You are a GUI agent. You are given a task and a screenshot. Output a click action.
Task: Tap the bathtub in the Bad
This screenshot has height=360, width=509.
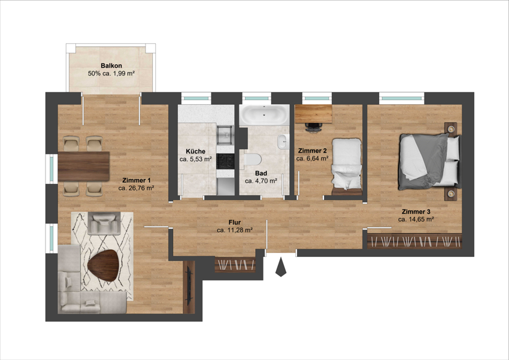click(x=264, y=115)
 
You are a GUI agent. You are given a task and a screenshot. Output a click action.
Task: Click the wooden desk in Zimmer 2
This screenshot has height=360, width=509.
click(x=313, y=113)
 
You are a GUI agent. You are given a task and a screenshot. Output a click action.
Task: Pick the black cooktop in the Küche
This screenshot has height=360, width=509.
click(x=225, y=161)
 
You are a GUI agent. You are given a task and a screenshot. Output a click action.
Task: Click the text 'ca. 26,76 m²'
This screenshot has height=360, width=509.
click(x=137, y=187)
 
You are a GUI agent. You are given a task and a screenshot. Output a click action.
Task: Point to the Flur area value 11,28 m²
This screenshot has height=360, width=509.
click(x=235, y=230)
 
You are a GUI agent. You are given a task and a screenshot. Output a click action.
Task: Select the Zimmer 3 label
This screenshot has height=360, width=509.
click(x=416, y=211)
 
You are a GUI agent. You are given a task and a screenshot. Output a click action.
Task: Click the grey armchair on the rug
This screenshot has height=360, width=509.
click(x=103, y=224)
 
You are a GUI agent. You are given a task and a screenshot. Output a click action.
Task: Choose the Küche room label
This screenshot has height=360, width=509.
click(x=196, y=152)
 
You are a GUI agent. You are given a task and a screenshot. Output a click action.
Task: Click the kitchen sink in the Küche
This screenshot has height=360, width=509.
click(x=225, y=131)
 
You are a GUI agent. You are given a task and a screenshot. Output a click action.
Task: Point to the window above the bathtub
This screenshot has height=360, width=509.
click(x=257, y=96)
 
